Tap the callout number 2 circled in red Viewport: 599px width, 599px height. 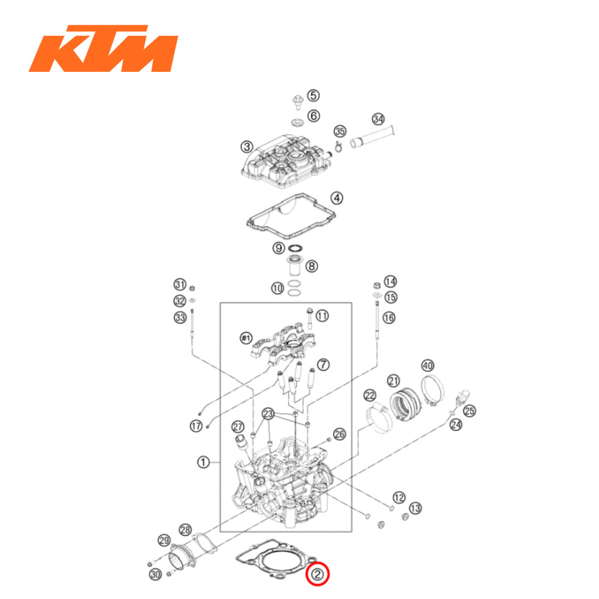click(x=318, y=575)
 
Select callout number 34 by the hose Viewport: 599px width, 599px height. click(x=378, y=119)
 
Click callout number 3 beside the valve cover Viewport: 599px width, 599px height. click(x=246, y=147)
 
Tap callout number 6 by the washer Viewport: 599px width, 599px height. click(x=313, y=115)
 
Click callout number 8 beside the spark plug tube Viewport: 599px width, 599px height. click(x=312, y=265)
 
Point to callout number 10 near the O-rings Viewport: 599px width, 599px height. click(x=277, y=289)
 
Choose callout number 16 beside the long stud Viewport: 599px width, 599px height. click(x=389, y=317)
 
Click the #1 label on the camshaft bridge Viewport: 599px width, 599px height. click(x=245, y=339)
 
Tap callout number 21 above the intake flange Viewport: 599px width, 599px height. click(x=393, y=380)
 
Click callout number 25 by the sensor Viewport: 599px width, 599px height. click(x=470, y=411)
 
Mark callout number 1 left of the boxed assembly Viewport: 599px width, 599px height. click(x=204, y=462)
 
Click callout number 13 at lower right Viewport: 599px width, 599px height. click(x=415, y=508)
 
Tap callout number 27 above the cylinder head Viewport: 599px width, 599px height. click(x=238, y=426)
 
